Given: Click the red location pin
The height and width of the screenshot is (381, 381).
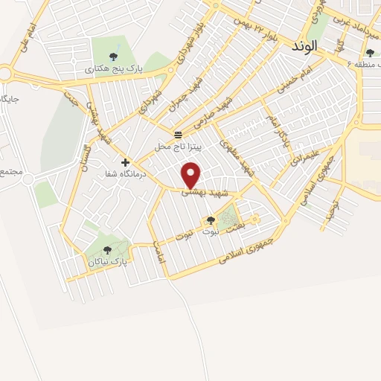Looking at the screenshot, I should coord(192,175).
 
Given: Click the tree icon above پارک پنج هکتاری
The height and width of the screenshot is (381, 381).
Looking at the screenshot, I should coord(113,56).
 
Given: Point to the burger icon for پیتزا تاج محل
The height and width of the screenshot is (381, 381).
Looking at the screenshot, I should coord(178,135).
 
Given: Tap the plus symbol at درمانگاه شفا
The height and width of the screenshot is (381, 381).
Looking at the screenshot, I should coord(125,161).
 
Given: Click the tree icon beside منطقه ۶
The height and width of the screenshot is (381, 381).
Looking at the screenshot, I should coord(370,52).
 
